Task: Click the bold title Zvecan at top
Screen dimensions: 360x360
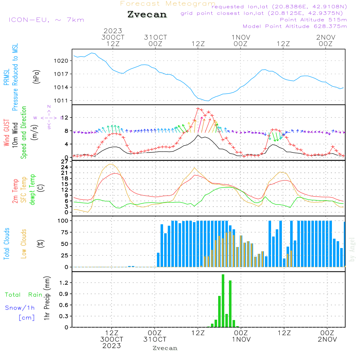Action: click(147, 14)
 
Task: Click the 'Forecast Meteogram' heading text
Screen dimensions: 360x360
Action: click(168, 4)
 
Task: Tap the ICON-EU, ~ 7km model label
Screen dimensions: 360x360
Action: click(46, 20)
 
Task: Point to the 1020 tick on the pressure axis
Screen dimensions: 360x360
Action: click(61, 61)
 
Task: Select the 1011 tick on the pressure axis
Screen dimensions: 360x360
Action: click(61, 100)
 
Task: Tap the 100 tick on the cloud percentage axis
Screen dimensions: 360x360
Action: click(63, 220)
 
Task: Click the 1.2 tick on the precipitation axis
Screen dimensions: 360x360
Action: click(64, 283)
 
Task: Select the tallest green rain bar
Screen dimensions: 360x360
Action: click(223, 301)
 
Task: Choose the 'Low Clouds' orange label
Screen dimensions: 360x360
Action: click(24, 243)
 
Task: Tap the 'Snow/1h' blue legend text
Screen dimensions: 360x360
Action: click(20, 308)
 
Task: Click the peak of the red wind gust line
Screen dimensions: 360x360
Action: click(198, 108)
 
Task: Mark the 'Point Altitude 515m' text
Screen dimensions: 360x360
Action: click(313, 20)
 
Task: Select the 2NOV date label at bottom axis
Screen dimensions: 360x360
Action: click(327, 339)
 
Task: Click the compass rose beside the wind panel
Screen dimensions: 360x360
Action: click(49, 117)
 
